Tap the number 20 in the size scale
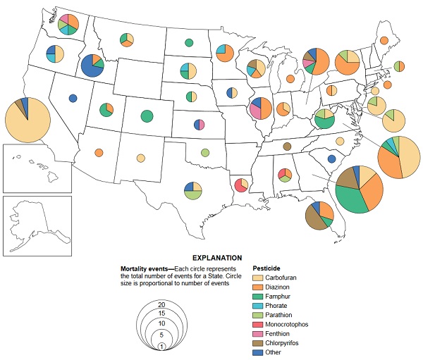[161, 304]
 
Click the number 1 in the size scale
[161, 345]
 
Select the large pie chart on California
[27, 121]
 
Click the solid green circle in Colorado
[147, 116]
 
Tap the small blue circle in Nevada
[73, 99]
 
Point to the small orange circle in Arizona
[99, 152]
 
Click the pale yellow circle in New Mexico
[141, 158]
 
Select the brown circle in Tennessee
[287, 147]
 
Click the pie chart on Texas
[192, 191]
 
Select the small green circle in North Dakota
[189, 44]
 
